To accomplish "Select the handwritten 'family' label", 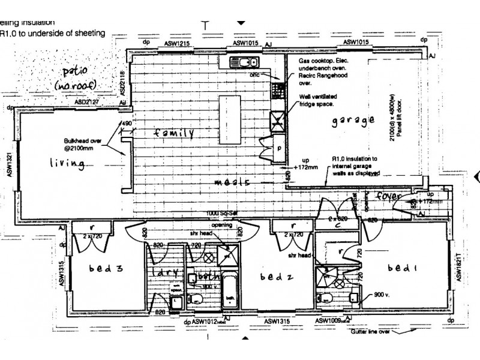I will pos(172,133).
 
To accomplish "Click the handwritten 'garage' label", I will pos(353,120).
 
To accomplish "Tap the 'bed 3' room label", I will pos(105,268).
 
